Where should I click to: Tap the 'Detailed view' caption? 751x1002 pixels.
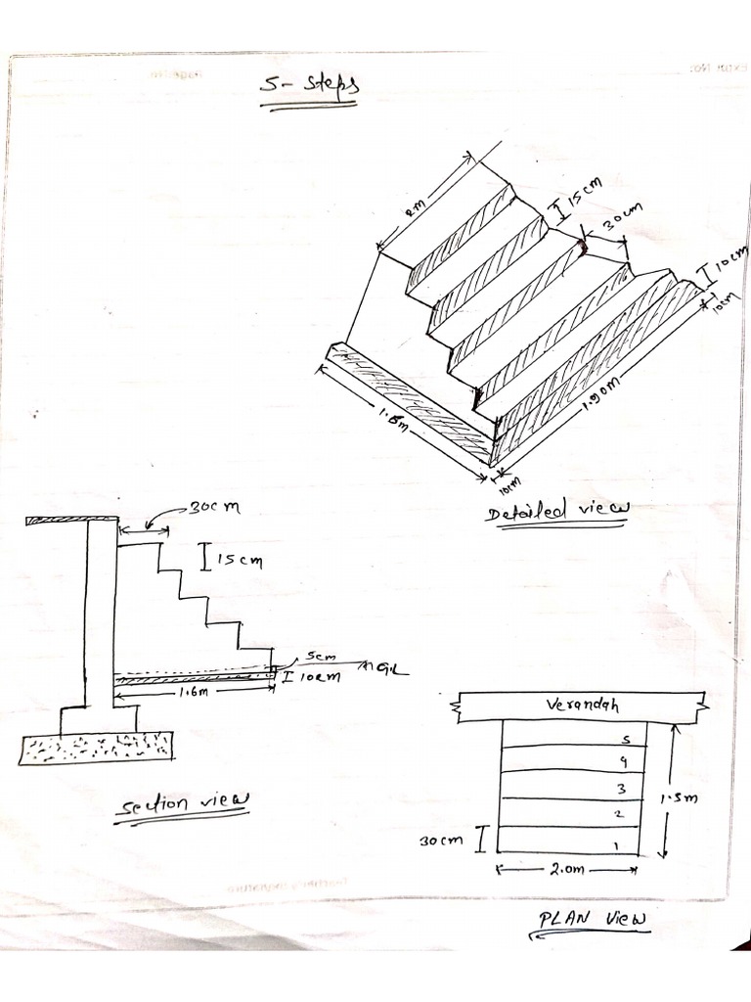click(x=558, y=511)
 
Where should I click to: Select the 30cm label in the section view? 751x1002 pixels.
click(x=212, y=508)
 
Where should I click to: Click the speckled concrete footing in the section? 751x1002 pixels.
click(x=96, y=748)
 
